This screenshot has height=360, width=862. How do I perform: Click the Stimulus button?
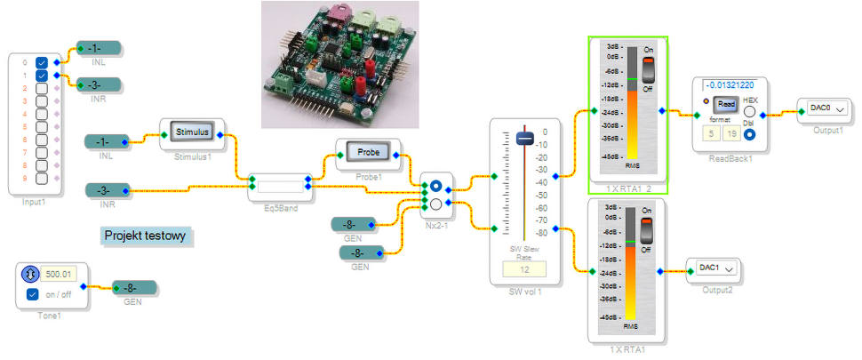click(x=192, y=132)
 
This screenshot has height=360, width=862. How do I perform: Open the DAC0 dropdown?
click(x=826, y=108)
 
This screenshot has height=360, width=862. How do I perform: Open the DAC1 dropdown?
click(x=714, y=268)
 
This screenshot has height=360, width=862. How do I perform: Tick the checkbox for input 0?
click(x=41, y=63)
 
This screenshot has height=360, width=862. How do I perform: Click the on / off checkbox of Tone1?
click(x=33, y=294)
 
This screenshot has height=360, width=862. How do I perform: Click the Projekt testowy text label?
click(x=148, y=236)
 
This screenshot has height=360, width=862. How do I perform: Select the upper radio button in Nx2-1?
click(x=435, y=187)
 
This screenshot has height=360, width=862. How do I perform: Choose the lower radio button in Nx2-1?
click(x=435, y=204)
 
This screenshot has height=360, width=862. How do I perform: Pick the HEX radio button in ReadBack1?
click(x=750, y=113)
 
